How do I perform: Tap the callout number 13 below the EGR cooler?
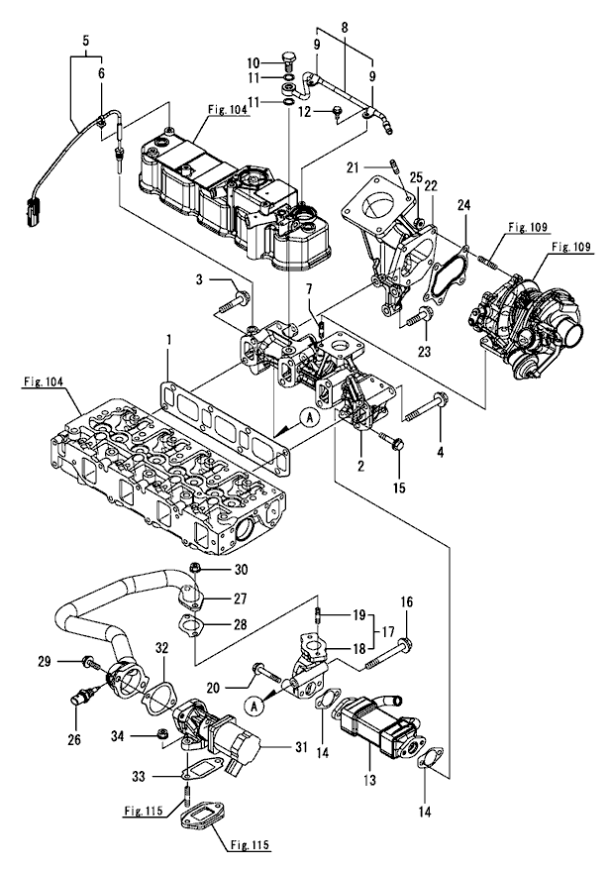[x=369, y=780]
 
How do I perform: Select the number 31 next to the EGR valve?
[x=300, y=747]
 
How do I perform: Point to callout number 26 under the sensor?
[x=74, y=739]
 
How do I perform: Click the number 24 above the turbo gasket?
[x=464, y=206]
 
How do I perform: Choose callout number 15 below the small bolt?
[x=400, y=488]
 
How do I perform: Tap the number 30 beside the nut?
[x=241, y=570]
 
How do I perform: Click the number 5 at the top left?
[x=85, y=40]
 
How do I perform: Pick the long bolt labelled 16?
[x=385, y=654]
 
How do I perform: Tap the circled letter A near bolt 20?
[x=254, y=707]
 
